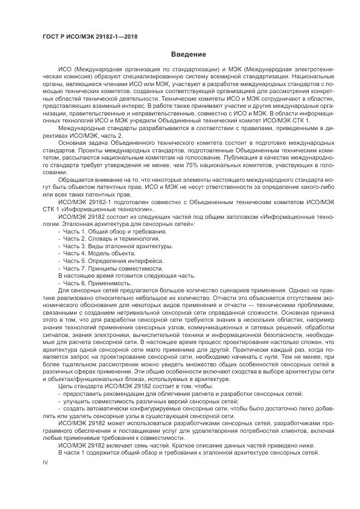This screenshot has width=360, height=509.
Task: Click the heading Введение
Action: (188, 54)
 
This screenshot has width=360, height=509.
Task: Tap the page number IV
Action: (46, 462)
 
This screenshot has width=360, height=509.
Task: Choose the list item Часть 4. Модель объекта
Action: (99, 253)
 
